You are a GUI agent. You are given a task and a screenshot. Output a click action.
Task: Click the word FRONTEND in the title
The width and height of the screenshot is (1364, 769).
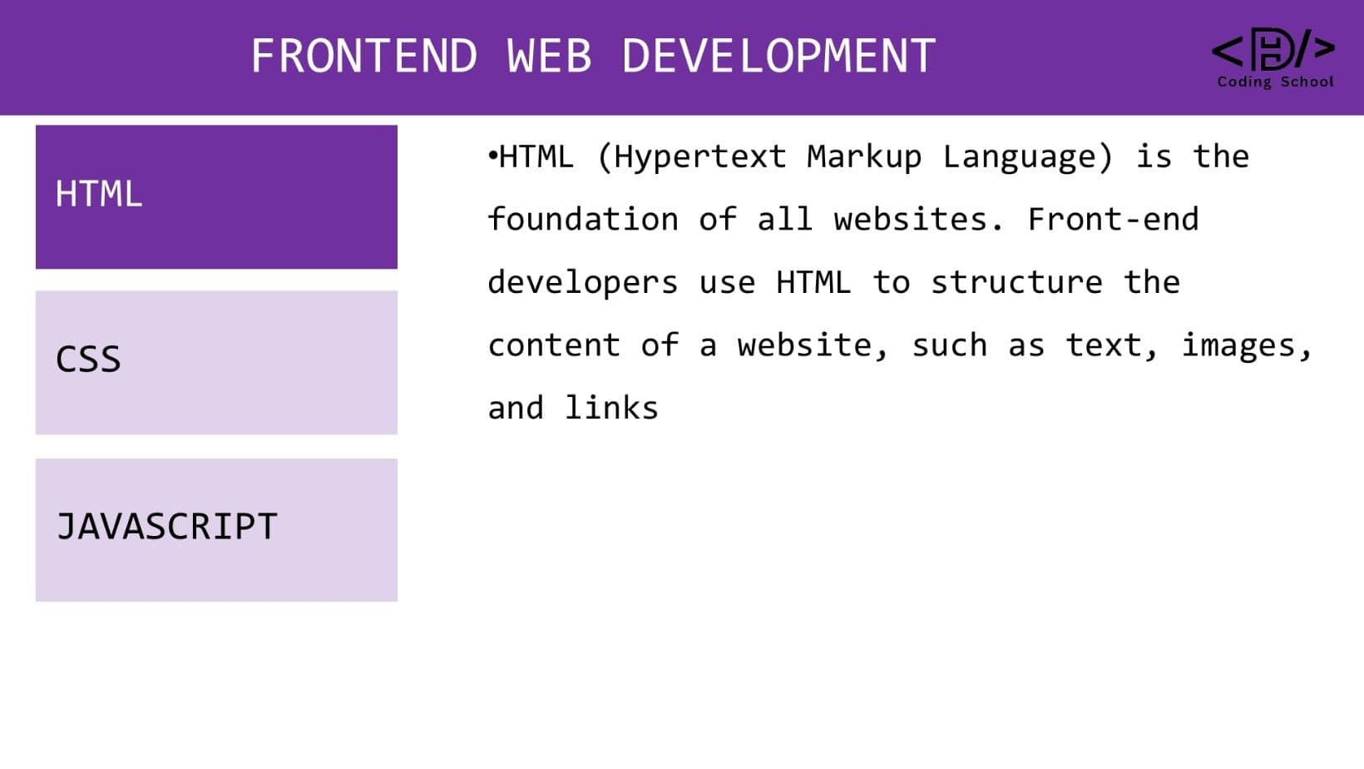[364, 56]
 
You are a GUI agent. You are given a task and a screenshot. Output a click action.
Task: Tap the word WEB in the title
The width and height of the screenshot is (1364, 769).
[549, 56]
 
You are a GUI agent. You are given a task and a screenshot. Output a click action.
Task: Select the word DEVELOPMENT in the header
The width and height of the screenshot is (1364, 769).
[778, 56]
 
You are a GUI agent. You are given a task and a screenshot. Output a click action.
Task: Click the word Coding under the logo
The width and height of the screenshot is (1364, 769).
[1244, 82]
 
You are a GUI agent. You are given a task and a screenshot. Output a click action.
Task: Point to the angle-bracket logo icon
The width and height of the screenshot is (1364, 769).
[1273, 49]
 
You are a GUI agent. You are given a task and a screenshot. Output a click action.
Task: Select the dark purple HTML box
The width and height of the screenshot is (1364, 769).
[216, 196]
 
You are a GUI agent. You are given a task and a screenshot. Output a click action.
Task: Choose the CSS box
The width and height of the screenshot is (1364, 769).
[216, 363]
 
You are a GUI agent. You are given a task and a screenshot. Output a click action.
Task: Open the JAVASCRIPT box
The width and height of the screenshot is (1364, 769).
[216, 530]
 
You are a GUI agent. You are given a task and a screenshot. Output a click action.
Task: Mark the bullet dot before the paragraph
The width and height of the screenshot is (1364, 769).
[492, 156]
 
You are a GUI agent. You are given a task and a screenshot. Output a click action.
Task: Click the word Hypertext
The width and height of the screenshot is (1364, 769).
[700, 157]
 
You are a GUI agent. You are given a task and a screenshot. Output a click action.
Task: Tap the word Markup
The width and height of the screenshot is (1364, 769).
[864, 157]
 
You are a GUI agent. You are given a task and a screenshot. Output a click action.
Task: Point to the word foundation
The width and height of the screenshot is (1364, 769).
[583, 219]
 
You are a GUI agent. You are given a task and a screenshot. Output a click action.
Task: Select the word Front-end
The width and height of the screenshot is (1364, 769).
[1113, 219]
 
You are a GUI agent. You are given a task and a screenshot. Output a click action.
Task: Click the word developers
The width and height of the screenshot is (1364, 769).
[583, 283]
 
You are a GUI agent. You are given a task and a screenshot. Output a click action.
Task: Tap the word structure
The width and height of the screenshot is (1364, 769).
[1016, 282]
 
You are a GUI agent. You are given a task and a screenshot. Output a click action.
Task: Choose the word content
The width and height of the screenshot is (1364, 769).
[554, 345]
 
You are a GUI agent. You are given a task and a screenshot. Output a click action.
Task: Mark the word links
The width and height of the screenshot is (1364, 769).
[611, 408]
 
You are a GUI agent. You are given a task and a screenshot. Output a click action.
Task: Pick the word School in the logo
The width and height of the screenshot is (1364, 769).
[1307, 82]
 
